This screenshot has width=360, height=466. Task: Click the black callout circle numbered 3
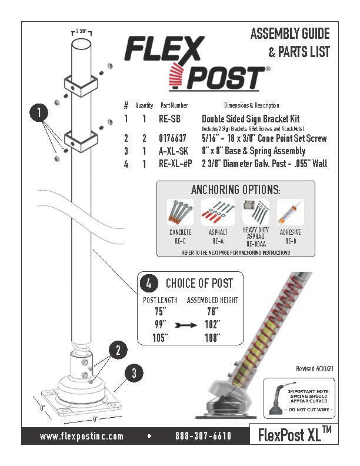(x=134, y=372)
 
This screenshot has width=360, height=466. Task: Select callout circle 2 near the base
(x=118, y=351)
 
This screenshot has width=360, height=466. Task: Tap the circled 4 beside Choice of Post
(x=148, y=283)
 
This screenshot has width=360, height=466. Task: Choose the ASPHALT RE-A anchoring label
(x=218, y=237)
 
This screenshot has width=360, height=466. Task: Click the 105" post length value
(x=156, y=338)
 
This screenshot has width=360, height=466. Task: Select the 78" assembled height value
(x=212, y=312)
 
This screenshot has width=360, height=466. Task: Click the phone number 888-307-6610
(x=203, y=436)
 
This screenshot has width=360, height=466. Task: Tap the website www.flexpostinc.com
(x=82, y=436)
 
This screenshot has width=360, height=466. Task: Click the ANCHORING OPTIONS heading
(x=235, y=190)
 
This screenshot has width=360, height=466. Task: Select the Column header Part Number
(x=175, y=105)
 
